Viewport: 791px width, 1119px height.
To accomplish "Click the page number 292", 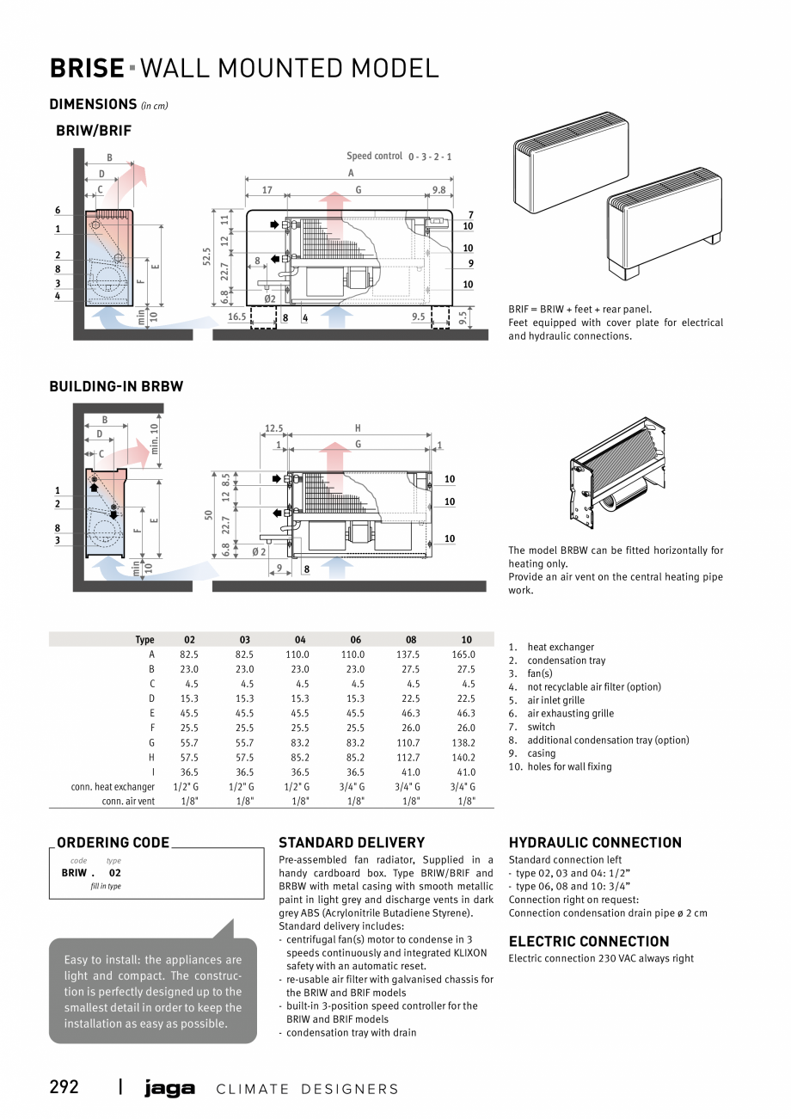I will tap(64, 1087).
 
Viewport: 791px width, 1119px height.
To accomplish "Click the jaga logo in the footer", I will tap(169, 1089).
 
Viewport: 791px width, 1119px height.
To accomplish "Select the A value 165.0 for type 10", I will tap(466, 655).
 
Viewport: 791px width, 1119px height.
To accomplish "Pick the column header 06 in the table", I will tap(355, 640).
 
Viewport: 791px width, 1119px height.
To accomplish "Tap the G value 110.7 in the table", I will tap(411, 743).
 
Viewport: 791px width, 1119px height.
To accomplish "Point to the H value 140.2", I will tap(466, 758).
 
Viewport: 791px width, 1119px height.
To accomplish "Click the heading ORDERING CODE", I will tap(113, 843).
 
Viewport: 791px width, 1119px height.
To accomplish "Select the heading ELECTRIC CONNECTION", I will tap(588, 942).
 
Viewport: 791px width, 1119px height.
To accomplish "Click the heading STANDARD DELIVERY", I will tap(352, 843).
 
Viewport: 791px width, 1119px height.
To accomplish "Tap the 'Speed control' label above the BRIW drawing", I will tap(374, 157).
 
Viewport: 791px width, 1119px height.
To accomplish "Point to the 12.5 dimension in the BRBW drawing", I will tap(273, 428).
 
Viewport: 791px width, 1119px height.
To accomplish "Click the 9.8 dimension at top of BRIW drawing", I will tap(438, 190).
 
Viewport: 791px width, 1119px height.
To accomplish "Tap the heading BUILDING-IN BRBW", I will tap(116, 387).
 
